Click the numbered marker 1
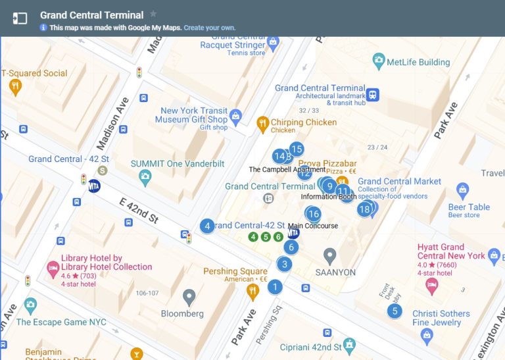275,287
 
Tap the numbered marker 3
284,265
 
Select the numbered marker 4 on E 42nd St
207,226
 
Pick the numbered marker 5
395,311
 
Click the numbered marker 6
291,247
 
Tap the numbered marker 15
297,149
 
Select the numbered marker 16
314,214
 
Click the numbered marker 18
364,210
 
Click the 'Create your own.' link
209,28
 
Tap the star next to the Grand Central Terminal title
153,14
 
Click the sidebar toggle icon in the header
20,18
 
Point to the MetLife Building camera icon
378,62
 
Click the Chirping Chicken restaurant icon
262,122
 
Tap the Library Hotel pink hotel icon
53,269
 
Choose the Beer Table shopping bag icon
462,191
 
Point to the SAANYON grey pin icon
330,255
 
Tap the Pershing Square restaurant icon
252,289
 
